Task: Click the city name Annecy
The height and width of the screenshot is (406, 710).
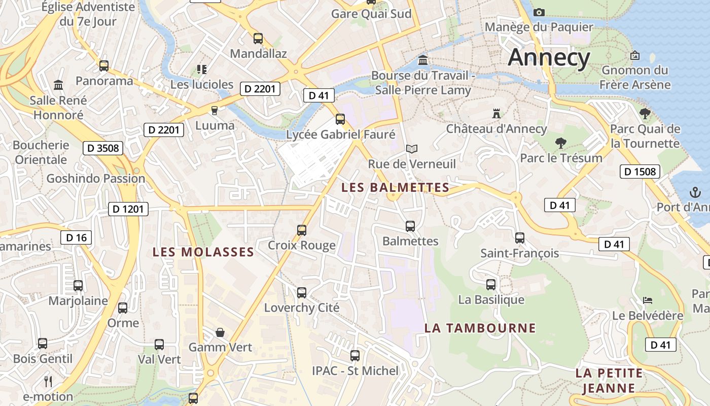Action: click(x=549, y=57)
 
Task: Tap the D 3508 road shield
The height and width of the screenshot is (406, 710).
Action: click(x=103, y=148)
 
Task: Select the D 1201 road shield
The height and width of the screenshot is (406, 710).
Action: click(x=128, y=209)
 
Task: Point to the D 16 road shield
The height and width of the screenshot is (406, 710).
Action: click(x=76, y=237)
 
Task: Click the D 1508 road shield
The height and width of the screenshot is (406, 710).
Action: click(x=640, y=172)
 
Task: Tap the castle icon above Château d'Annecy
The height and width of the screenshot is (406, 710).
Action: click(x=496, y=114)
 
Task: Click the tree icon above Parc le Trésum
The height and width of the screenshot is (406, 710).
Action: click(x=560, y=143)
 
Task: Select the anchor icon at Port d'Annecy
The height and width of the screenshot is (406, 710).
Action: click(x=694, y=192)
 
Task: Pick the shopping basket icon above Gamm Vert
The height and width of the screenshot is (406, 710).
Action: click(x=220, y=332)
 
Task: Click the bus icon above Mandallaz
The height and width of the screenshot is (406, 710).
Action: click(x=258, y=38)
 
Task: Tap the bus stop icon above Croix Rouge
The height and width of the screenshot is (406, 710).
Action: click(x=302, y=230)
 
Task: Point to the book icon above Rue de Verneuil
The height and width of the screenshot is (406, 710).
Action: click(x=412, y=149)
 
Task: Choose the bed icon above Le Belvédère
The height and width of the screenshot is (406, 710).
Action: click(x=648, y=300)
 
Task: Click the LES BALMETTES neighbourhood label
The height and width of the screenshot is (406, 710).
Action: click(x=395, y=188)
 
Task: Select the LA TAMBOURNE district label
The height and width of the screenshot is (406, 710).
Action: click(x=480, y=328)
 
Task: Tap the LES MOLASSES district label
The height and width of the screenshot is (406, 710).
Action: click(x=203, y=252)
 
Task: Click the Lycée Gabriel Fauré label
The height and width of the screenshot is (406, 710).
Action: click(x=340, y=134)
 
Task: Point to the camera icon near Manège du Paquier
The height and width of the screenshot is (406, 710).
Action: click(x=539, y=12)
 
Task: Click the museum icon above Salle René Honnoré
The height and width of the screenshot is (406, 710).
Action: click(x=58, y=85)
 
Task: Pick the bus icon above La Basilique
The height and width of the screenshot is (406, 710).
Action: click(x=491, y=285)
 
